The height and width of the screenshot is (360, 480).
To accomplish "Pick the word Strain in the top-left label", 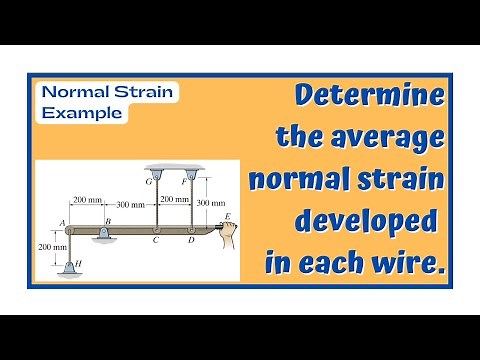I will tap(142, 93).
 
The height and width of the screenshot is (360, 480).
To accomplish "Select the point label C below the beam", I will tap(155, 242).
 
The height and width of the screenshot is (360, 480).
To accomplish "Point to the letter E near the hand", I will tap(228, 215).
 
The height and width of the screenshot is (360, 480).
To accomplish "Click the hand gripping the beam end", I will tap(231, 235).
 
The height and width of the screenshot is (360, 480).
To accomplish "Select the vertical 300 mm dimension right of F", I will tap(210, 203).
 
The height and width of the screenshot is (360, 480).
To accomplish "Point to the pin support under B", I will tap(105, 234).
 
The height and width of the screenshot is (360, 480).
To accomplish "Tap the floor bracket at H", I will tap(68, 269).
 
